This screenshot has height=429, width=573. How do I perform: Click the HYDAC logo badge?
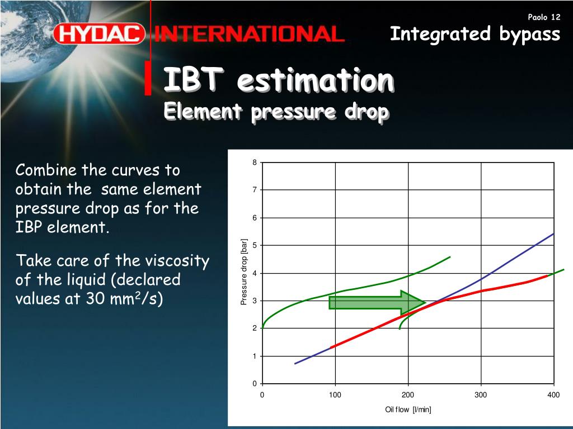point(99,34)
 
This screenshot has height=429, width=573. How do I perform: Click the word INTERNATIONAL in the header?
point(250,34)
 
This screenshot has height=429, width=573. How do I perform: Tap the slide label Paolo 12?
point(544,17)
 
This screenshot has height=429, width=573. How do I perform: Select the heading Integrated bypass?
point(475,34)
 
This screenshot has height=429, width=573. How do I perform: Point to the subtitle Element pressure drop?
point(276,112)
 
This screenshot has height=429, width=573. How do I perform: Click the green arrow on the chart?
point(377,303)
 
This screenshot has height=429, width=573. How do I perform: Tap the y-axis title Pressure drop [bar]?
point(244,272)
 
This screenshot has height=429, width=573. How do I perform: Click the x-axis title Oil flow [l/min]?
point(408,409)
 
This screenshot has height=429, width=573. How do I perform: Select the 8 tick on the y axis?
point(255,163)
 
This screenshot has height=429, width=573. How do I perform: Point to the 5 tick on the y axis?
point(255,245)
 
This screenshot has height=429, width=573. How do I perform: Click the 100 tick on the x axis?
point(335,395)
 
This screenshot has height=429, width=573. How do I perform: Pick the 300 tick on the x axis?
point(481,395)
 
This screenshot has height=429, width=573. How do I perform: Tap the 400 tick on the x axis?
point(553,395)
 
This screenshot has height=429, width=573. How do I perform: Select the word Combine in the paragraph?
point(46,170)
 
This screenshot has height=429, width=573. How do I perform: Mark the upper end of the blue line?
point(554,233)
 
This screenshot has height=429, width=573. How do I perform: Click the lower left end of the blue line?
point(295,364)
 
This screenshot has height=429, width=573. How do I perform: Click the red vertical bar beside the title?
point(148,78)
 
